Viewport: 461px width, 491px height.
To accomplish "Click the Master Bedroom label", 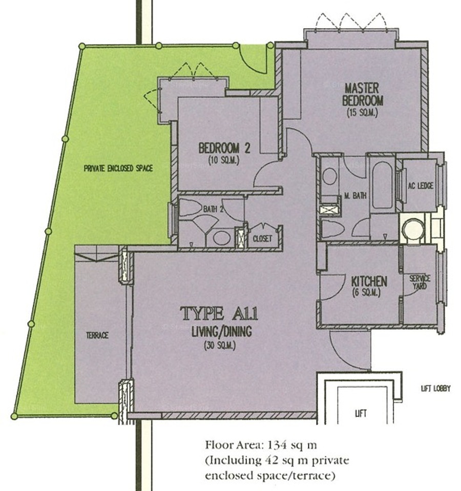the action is pyautogui.click(x=362, y=94).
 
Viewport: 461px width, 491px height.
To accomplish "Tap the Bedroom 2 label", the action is pyautogui.click(x=224, y=148).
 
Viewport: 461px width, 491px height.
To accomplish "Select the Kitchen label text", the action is pyautogui.click(x=369, y=281).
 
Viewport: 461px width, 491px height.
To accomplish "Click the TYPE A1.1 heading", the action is pyautogui.click(x=219, y=313).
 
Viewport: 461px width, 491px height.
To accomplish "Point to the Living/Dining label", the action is pyautogui.click(x=222, y=331).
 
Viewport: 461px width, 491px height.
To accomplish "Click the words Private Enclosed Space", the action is pyautogui.click(x=118, y=168).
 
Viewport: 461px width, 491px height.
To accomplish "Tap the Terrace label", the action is pyautogui.click(x=97, y=336).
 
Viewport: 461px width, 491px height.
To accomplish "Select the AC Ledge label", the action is pyautogui.click(x=420, y=186).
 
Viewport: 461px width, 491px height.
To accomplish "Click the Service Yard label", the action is pyautogui.click(x=420, y=282).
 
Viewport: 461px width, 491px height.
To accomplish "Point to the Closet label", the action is pyautogui.click(x=262, y=239).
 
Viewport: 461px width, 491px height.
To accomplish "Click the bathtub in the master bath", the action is pyautogui.click(x=382, y=185).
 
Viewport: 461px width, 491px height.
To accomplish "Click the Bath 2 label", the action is pyautogui.click(x=213, y=209).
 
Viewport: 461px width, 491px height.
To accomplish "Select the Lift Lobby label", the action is pyautogui.click(x=435, y=389).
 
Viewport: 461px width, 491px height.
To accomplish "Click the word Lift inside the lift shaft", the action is pyautogui.click(x=360, y=414).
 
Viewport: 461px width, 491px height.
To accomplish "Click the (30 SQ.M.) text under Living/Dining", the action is pyautogui.click(x=220, y=346).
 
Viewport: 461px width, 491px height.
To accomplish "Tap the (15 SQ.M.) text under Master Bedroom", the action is pyautogui.click(x=362, y=113).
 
